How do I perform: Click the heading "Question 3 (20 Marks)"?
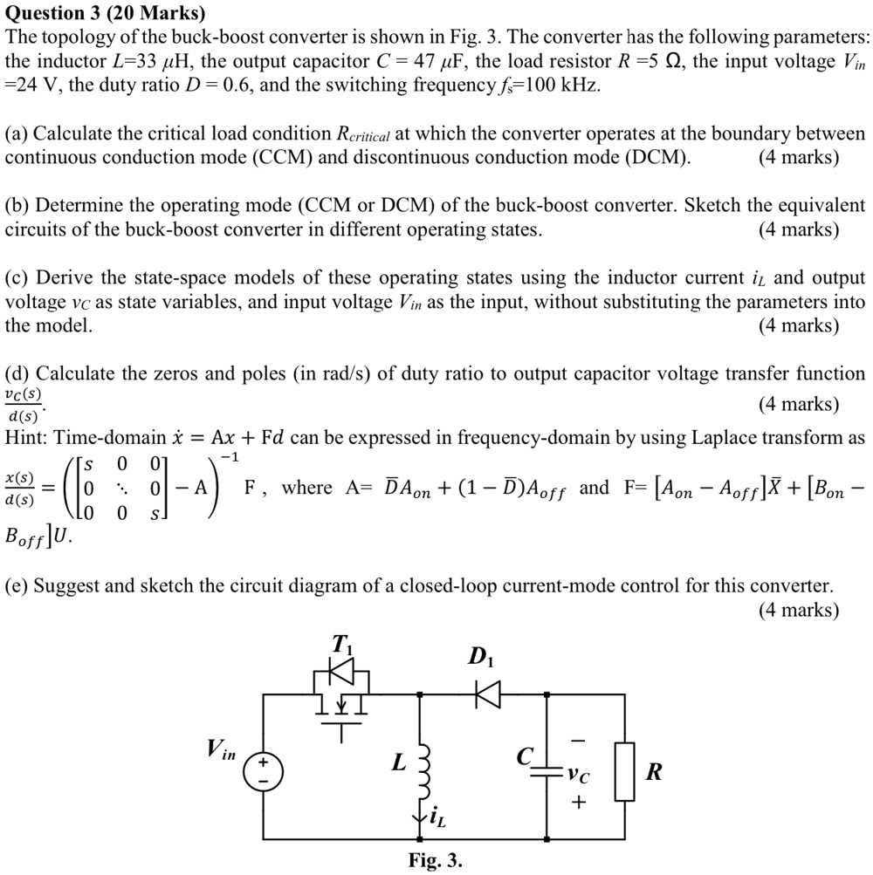[x=106, y=13]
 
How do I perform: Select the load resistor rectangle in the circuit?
[x=624, y=771]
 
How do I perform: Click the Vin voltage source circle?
[x=263, y=771]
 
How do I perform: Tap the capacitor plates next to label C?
[x=546, y=771]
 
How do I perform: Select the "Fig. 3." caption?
[x=436, y=860]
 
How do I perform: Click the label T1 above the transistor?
[x=342, y=645]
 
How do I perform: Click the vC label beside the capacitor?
[x=576, y=773]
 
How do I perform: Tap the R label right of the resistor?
[x=653, y=772]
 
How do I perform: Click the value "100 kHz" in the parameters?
[x=562, y=85]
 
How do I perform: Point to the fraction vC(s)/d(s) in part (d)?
[x=25, y=405]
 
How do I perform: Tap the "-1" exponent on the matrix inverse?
[x=230, y=456]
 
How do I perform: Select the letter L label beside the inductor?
[x=398, y=762]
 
